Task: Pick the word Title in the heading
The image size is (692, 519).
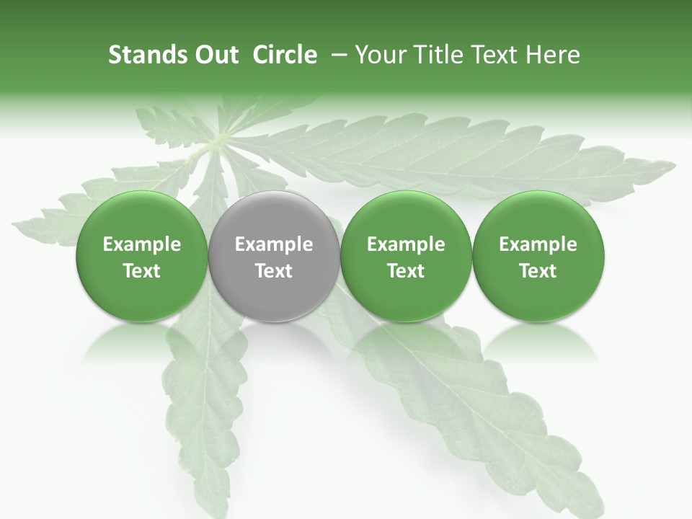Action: [x=437, y=55]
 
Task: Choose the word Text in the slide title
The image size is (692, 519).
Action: [x=497, y=55]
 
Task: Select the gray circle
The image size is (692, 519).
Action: [x=274, y=257]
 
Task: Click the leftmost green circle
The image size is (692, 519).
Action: [x=142, y=257]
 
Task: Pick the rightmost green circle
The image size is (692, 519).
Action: [x=538, y=257]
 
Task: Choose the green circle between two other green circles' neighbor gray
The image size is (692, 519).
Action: [x=406, y=257]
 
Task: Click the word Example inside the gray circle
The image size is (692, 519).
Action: [x=274, y=245]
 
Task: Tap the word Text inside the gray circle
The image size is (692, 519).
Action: [x=274, y=271]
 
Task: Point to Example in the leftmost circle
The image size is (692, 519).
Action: [x=142, y=245]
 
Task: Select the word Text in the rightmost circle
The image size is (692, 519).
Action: [x=538, y=271]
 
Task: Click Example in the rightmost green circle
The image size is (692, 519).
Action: [x=538, y=245]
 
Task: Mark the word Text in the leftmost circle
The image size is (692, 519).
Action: [x=142, y=271]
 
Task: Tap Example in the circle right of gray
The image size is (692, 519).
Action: [x=406, y=245]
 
